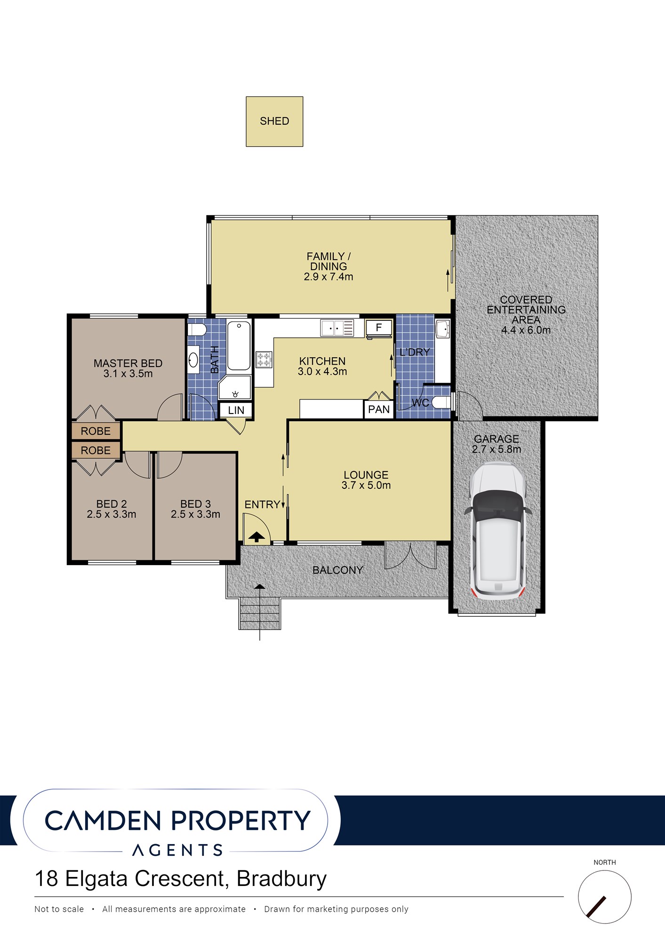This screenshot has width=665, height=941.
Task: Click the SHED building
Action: click(274, 121)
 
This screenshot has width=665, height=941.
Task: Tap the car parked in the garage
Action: click(498, 531)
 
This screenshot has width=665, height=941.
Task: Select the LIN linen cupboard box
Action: click(236, 410)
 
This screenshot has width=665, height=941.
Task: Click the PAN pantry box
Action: click(379, 409)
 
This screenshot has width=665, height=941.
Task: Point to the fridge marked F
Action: click(378, 328)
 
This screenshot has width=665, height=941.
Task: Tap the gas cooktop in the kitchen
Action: click(264, 359)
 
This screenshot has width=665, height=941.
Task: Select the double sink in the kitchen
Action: click(337, 328)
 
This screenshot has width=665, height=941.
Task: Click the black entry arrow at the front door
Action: click(256, 536)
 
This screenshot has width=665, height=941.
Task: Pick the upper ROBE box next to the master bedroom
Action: click(96, 431)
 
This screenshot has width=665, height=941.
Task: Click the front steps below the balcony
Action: click(260, 614)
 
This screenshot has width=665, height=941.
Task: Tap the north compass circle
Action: click(604, 897)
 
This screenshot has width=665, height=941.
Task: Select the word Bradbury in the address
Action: click(281, 878)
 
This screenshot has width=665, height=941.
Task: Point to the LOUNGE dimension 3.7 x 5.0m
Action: click(366, 486)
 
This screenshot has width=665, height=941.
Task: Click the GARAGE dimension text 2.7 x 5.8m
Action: click(497, 449)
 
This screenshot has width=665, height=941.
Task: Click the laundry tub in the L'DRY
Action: click(442, 329)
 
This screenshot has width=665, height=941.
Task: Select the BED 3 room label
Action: click(195, 504)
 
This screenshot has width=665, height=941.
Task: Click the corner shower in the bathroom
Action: click(235, 388)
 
